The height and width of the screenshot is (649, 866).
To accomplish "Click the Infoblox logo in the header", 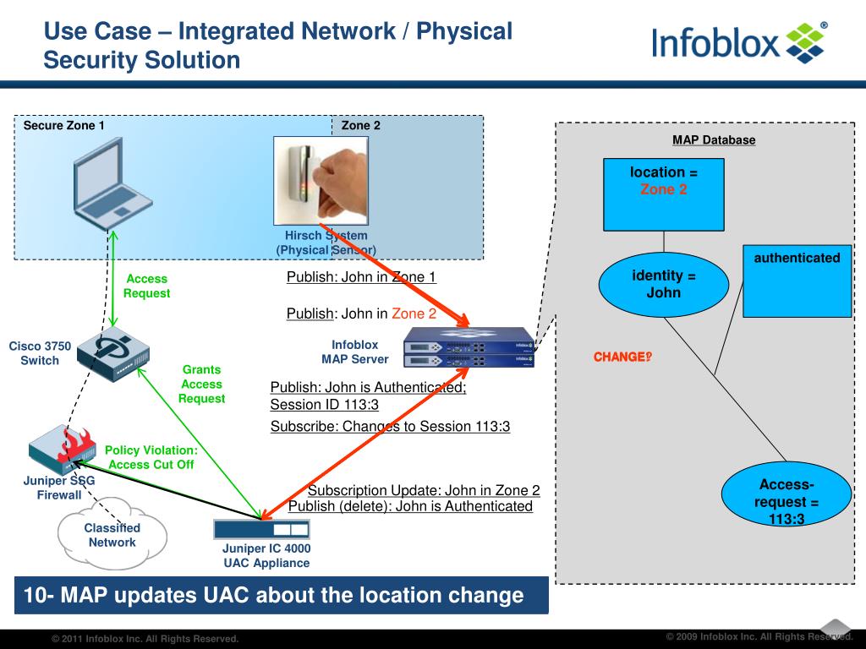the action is click(739, 42).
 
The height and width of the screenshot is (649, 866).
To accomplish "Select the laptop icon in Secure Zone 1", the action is click(112, 183).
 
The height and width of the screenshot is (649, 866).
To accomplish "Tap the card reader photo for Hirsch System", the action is click(321, 181).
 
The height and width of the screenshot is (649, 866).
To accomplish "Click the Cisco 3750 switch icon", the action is click(113, 354).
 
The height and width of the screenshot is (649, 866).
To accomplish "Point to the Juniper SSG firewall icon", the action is click(62, 449).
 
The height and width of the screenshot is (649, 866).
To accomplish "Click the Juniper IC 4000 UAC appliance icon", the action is click(261, 529).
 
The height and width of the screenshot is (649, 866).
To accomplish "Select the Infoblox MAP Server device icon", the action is click(469, 347).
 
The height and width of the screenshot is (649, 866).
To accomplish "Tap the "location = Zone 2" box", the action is click(663, 194).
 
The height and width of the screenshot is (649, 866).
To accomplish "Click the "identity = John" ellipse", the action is click(663, 284).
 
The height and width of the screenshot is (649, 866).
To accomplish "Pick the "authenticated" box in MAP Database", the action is click(797, 281).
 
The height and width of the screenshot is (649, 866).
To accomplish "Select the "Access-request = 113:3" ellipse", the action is click(787, 494).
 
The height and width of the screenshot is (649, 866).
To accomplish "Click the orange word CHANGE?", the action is click(622, 357).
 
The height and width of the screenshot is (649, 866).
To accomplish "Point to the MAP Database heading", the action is click(714, 140).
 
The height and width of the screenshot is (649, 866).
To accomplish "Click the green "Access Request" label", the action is click(146, 286).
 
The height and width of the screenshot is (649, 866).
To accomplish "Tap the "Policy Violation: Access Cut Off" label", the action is click(151, 457).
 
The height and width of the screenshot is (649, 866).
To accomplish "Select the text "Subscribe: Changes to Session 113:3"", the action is click(390, 427).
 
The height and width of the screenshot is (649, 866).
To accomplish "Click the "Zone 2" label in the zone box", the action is click(360, 125).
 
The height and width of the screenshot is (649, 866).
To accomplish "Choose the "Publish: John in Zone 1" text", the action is click(361, 277).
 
